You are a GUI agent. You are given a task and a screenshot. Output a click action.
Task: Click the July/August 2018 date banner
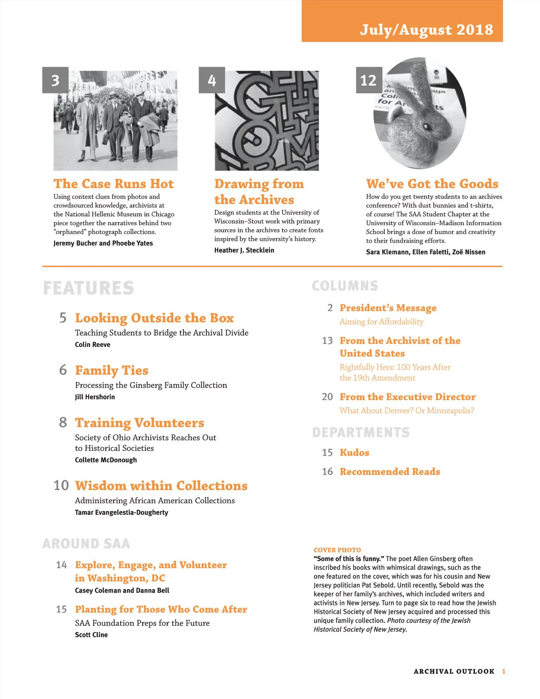[x=426, y=30]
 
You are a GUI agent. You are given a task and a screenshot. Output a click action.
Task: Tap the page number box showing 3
[x=55, y=80]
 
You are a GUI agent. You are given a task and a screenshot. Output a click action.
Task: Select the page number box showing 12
[x=369, y=80]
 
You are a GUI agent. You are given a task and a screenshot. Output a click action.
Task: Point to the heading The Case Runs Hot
[x=113, y=184]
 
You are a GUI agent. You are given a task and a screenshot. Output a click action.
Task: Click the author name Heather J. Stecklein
[x=244, y=250]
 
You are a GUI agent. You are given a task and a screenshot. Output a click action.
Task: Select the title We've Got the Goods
[x=432, y=184]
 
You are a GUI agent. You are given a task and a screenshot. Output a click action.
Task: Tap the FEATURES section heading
[x=89, y=288]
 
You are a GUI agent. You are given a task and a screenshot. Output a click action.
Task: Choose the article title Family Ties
[x=112, y=370]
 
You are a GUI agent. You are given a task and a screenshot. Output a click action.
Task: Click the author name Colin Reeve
[x=92, y=345]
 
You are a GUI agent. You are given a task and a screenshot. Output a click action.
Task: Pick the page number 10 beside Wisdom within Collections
[x=61, y=485]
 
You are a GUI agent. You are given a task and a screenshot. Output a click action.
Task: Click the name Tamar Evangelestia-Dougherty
[x=121, y=512]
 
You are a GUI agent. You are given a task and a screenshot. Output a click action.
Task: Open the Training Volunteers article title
[x=139, y=423]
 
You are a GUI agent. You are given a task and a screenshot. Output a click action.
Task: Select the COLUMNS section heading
[x=345, y=286]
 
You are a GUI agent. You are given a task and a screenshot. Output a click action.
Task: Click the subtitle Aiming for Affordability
[x=381, y=321]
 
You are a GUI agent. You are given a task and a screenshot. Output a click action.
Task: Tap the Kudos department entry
[x=354, y=452]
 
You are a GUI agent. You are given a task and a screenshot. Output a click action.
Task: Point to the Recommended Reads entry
[x=390, y=471]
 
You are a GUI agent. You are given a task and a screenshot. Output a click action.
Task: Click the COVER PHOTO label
[x=337, y=550]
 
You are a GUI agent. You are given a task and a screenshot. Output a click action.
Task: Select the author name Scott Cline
[x=91, y=635]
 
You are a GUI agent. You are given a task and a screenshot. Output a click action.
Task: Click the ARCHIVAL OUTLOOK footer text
[x=454, y=671]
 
